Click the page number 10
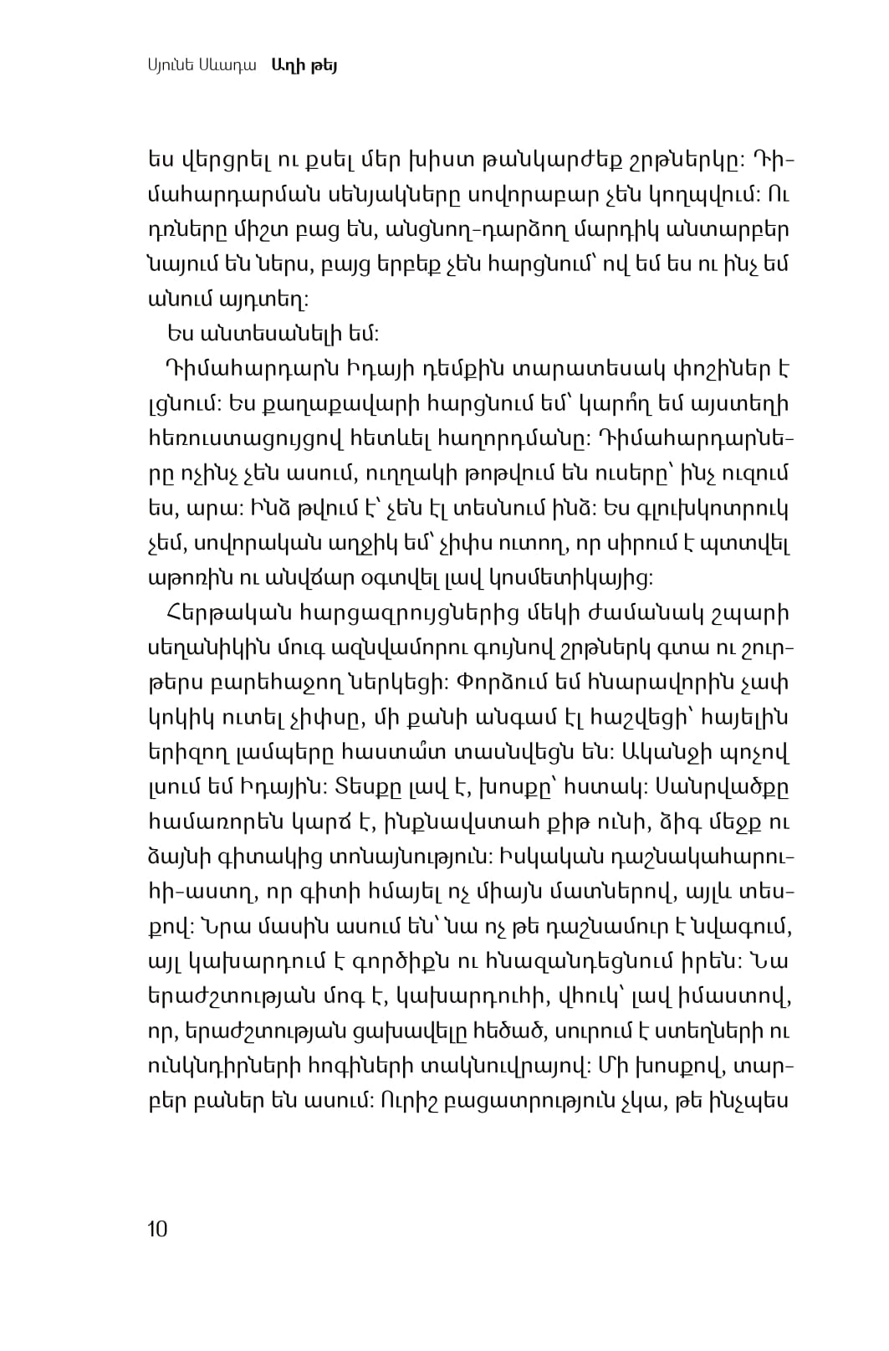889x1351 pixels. [x=157, y=1229]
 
